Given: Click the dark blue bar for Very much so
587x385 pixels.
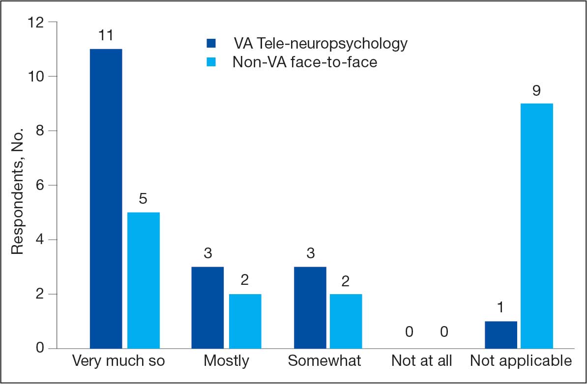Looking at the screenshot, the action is click(106, 199).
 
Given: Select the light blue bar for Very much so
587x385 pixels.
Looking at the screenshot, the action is click(144, 280).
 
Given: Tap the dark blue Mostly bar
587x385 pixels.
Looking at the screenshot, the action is click(208, 307).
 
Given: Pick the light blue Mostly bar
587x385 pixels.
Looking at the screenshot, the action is click(245, 321).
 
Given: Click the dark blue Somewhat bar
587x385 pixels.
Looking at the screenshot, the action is click(310, 307).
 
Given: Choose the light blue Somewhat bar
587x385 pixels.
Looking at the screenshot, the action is click(347, 321).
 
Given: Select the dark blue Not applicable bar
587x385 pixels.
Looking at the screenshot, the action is click(501, 335).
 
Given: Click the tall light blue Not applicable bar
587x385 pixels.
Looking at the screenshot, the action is click(537, 226).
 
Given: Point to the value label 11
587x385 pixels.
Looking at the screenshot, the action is click(106, 36).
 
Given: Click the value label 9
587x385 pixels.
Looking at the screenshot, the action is click(537, 90).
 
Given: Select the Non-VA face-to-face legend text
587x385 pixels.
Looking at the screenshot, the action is click(305, 62).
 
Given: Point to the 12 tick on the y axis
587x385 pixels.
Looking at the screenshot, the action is click(37, 23).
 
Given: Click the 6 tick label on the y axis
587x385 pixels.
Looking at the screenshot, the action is click(40, 186).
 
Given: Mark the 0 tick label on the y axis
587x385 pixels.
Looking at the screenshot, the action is click(40, 349).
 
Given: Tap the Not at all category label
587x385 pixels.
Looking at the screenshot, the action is click(421, 361).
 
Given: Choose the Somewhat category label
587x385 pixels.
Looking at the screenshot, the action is click(324, 361).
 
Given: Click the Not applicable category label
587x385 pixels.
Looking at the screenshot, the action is click(521, 361).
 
